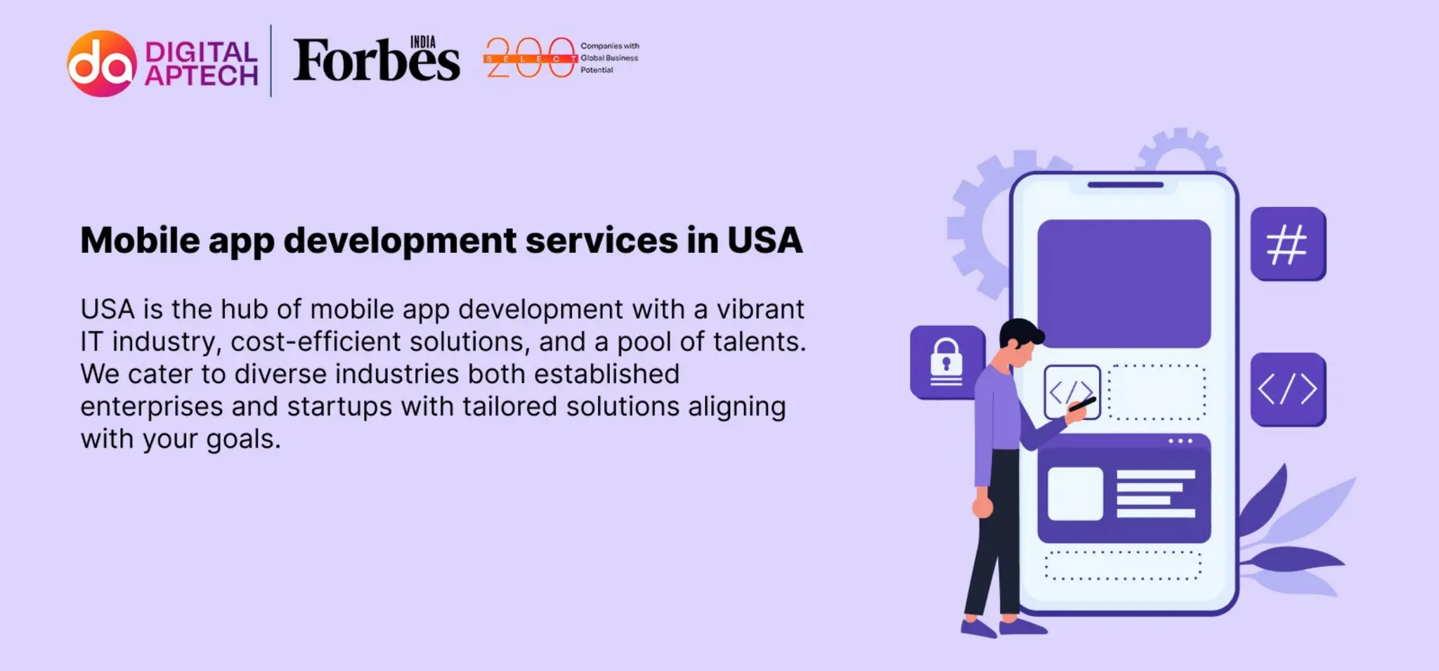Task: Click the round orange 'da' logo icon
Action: coord(102,63)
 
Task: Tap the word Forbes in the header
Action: coord(376,62)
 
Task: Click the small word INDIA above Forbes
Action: coord(422,42)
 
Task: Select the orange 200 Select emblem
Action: coord(530,58)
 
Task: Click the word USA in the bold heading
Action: coord(764,241)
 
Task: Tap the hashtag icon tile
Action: coord(1287,244)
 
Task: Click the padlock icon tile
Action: coord(946,362)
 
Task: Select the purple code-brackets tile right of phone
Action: coord(1287,389)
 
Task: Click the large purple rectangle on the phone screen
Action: coord(1124,283)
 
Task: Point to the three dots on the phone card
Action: coord(1180,441)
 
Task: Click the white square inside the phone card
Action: coord(1075,493)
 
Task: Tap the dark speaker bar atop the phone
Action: coord(1125,185)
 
